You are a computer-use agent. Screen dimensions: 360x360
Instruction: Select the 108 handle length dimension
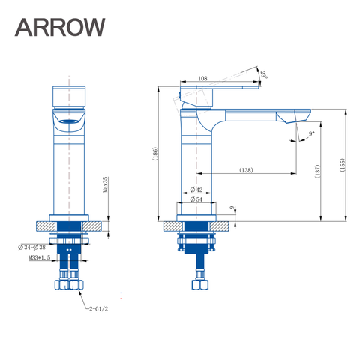[202, 78]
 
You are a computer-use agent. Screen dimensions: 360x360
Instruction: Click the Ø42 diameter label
[197, 189]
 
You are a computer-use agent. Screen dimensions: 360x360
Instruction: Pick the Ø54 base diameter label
[197, 199]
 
